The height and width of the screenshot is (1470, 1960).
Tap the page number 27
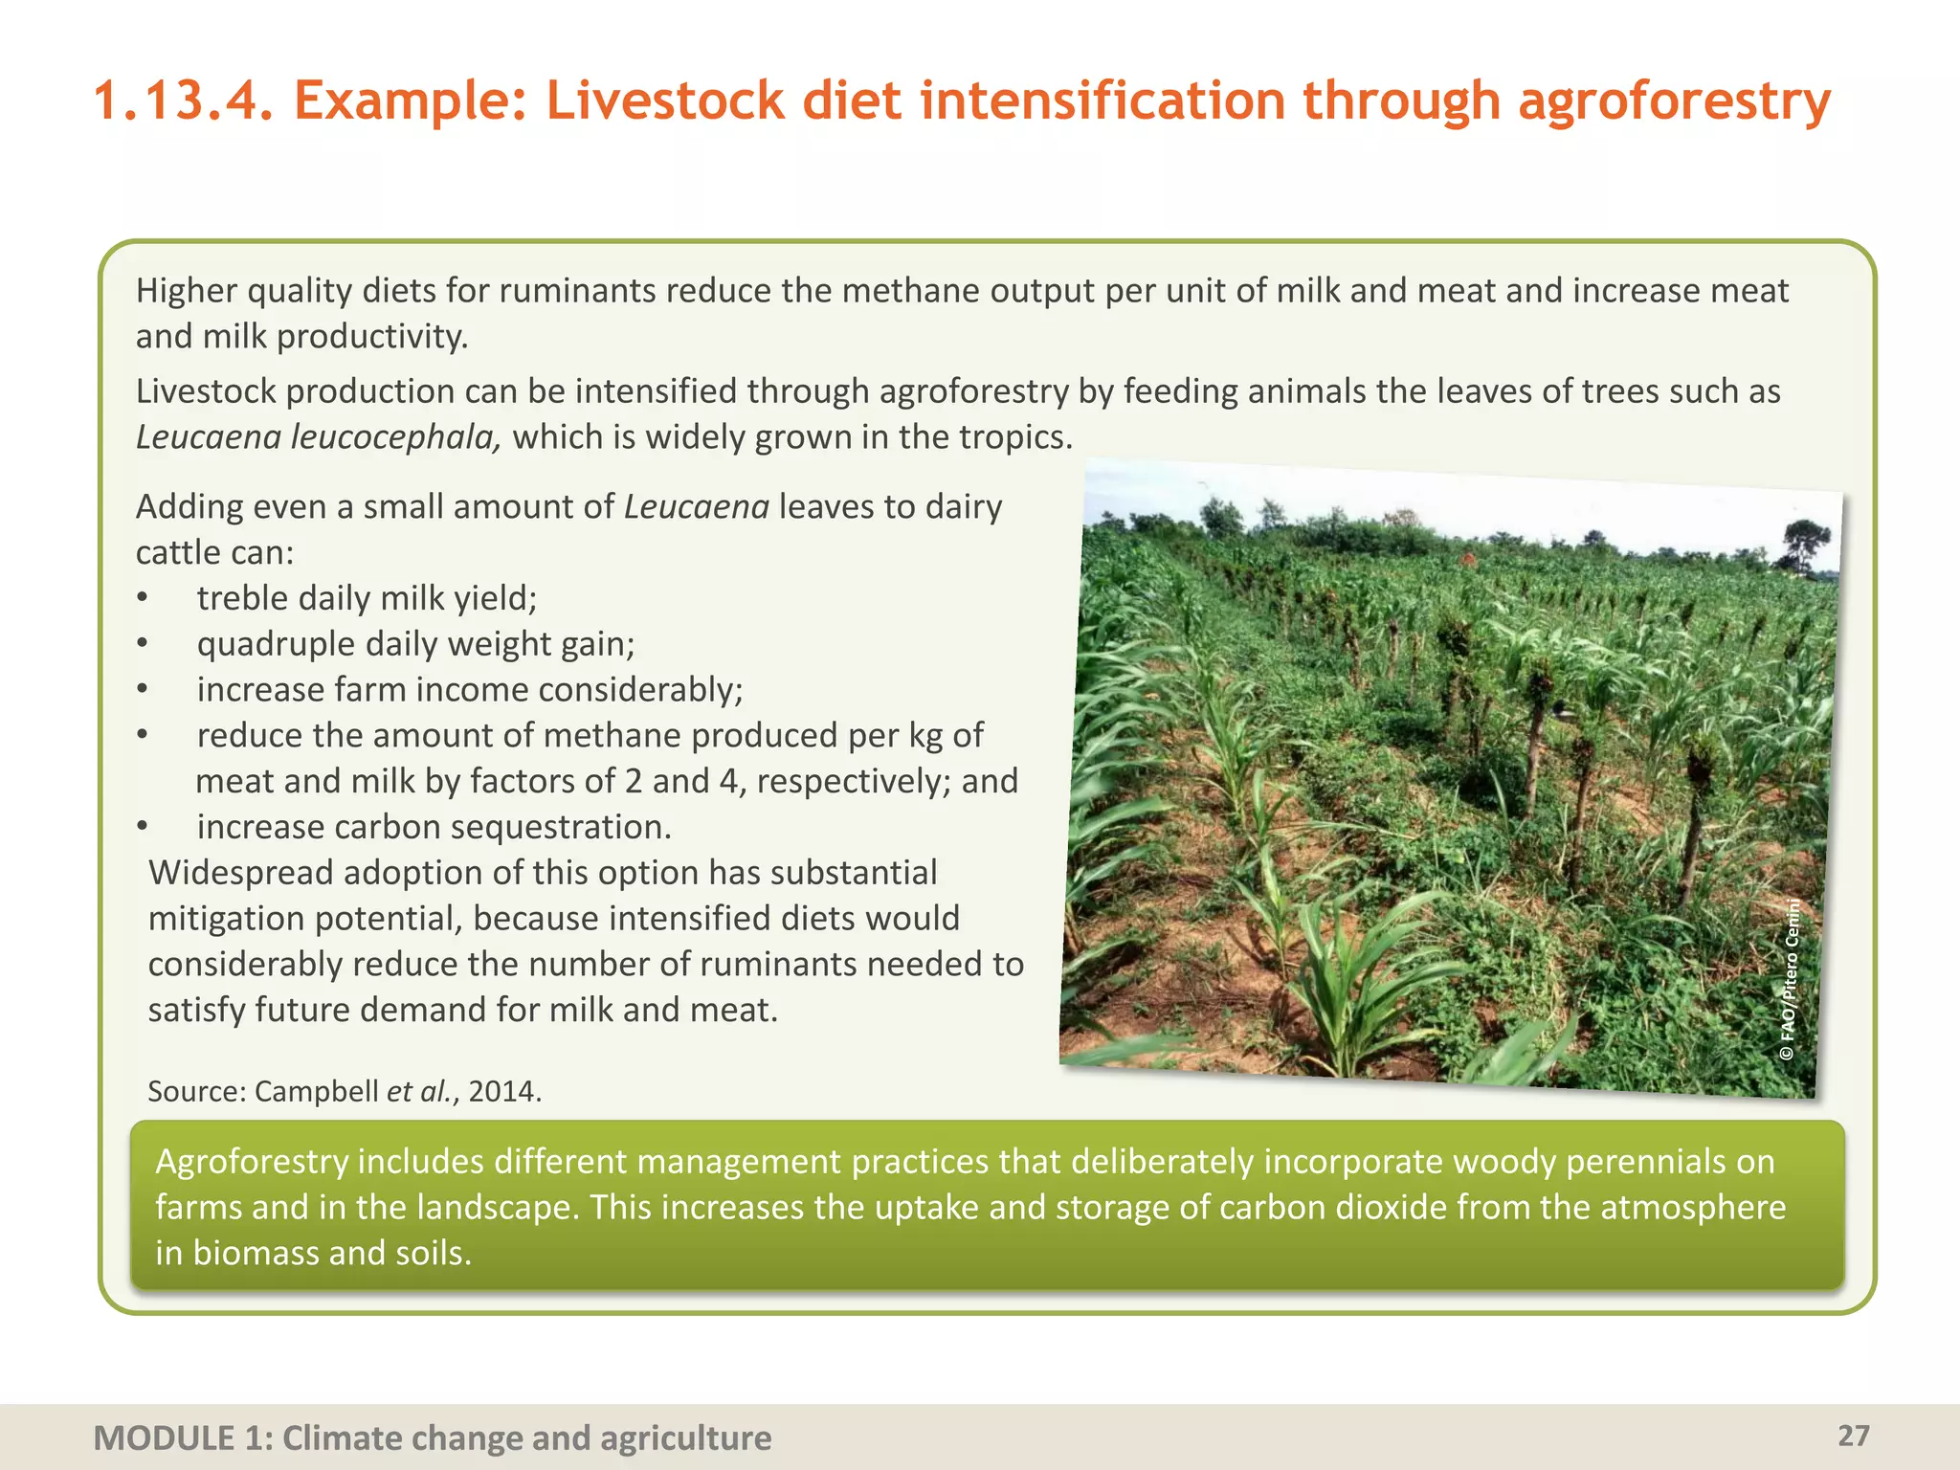1854,1436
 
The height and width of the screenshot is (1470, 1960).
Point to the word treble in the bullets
244,598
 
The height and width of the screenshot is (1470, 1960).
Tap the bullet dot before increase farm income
142,689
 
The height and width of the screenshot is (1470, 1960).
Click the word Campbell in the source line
316,1091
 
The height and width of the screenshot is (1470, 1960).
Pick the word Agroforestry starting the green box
252,1161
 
